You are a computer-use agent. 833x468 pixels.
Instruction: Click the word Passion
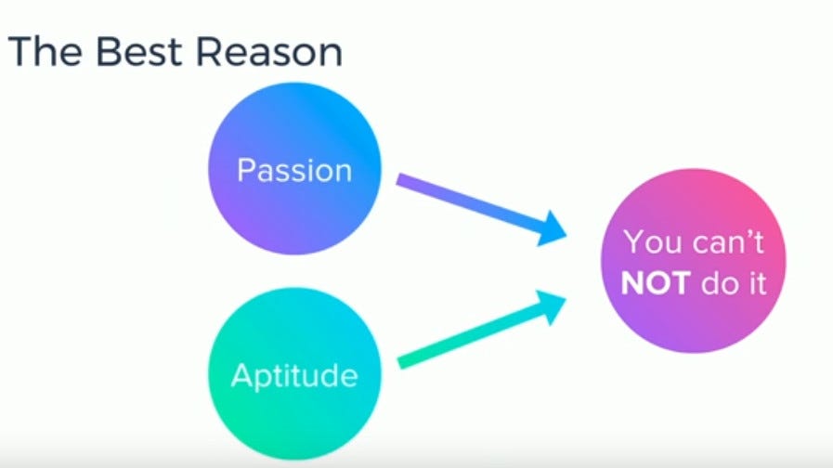(294, 170)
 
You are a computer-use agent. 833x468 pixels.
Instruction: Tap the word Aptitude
(294, 376)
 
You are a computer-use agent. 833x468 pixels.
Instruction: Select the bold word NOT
(656, 282)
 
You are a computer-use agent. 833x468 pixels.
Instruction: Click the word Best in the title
(138, 52)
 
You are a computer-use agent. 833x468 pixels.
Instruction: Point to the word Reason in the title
(269, 52)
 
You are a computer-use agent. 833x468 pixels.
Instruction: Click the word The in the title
(46, 52)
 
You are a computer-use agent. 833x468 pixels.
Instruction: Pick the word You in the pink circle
(653, 242)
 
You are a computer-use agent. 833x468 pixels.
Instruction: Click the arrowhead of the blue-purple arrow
(553, 228)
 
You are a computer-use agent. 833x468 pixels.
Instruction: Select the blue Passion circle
(294, 168)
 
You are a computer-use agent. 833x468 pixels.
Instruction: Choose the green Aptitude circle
(294, 374)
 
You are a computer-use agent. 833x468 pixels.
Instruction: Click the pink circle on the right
(694, 260)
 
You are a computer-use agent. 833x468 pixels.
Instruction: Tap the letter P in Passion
(246, 170)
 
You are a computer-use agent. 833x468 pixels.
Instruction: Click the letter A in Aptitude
(241, 375)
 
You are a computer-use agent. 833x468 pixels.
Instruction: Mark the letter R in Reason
(208, 52)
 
